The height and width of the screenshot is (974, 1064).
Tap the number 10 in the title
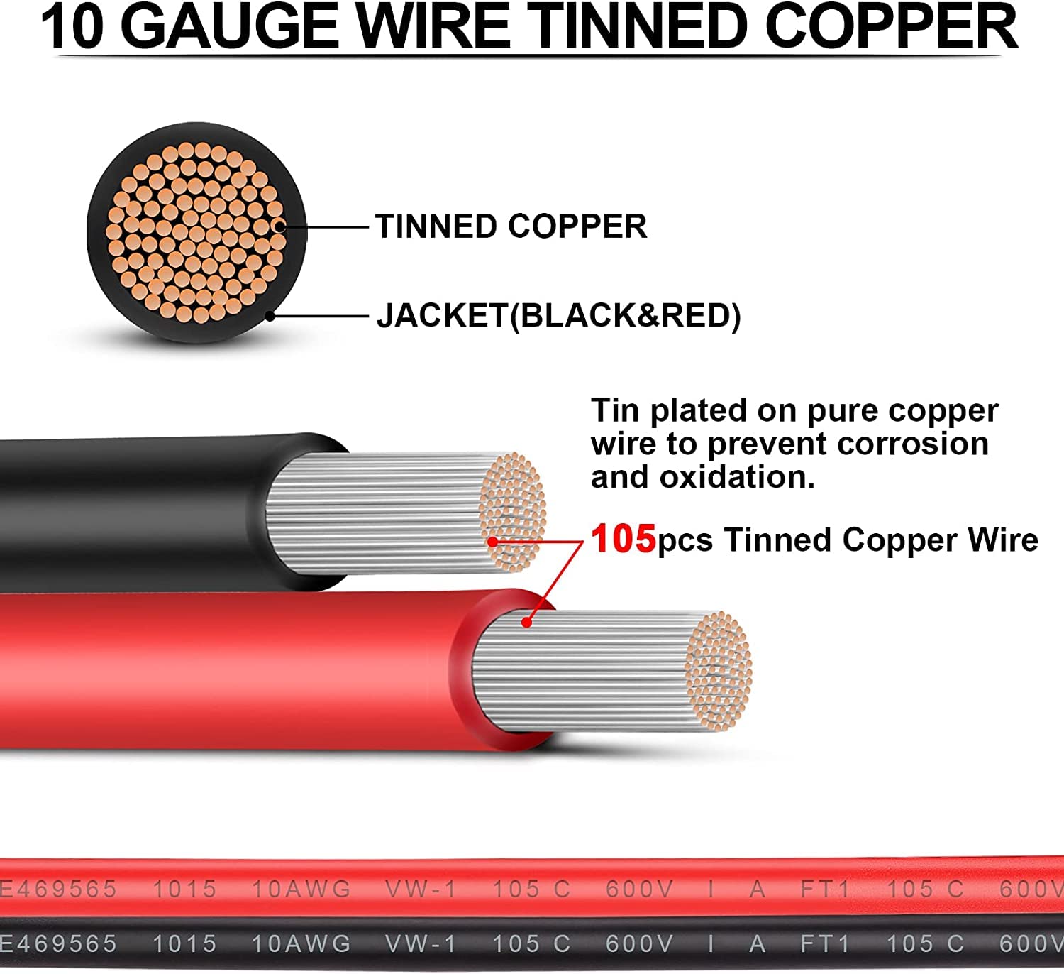click(x=72, y=26)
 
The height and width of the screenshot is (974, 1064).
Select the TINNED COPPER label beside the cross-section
click(x=511, y=226)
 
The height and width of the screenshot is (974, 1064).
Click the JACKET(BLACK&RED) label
click(x=558, y=316)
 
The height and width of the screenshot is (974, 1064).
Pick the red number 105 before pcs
click(x=623, y=540)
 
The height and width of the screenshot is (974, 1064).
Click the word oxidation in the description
click(x=737, y=477)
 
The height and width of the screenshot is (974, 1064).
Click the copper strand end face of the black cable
click(x=512, y=512)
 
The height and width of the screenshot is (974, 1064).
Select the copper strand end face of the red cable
click(x=718, y=672)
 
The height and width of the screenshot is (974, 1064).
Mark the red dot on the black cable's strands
click(x=493, y=542)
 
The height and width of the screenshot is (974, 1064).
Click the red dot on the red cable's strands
click(x=527, y=623)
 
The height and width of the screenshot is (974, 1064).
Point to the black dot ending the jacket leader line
click(x=270, y=316)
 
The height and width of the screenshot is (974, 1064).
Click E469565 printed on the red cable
click(x=58, y=890)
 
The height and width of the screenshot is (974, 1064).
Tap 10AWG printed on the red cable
click(x=301, y=890)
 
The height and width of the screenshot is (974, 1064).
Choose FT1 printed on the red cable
click(x=825, y=890)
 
